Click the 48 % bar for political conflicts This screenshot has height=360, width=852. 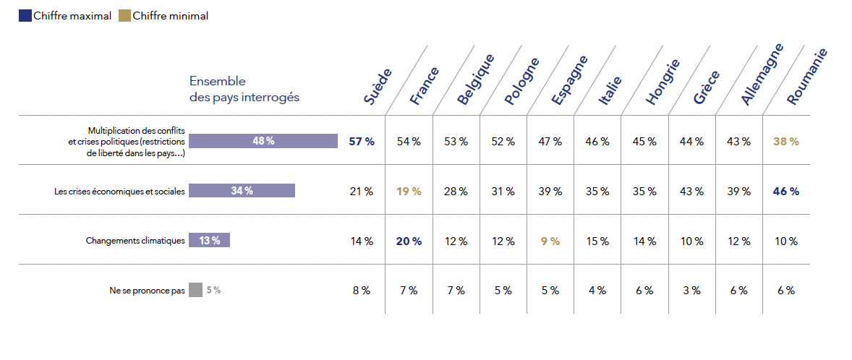(263, 141)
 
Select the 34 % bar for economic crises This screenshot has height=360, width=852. (242, 191)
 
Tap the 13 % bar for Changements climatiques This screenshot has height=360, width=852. (209, 241)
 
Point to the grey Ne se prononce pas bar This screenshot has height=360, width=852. (195, 290)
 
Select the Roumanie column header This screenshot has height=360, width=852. (806, 77)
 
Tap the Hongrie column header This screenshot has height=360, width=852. (663, 82)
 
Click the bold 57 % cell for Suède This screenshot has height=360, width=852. (362, 141)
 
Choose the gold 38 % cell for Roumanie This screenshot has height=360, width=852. (785, 141)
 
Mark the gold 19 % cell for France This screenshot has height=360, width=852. (409, 192)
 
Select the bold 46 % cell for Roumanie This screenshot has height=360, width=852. (785, 192)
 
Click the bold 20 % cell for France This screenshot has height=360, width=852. (409, 241)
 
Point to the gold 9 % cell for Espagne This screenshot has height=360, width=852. (550, 241)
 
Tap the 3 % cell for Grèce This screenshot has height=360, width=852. (691, 291)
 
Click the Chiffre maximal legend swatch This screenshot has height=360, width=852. (25, 16)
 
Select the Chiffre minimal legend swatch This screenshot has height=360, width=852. (125, 16)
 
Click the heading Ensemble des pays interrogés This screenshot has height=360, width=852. (244, 89)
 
